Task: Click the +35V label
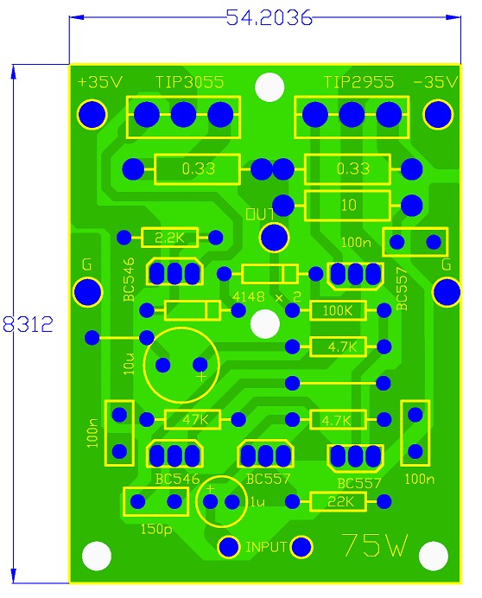(100, 82)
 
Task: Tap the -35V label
(435, 82)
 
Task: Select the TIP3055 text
(189, 82)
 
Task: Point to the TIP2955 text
(358, 82)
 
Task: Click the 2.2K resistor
(169, 238)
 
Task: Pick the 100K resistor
(339, 310)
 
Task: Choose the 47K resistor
(193, 419)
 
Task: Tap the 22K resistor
(339, 501)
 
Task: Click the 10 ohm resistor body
(348, 205)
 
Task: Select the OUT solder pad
(274, 238)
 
